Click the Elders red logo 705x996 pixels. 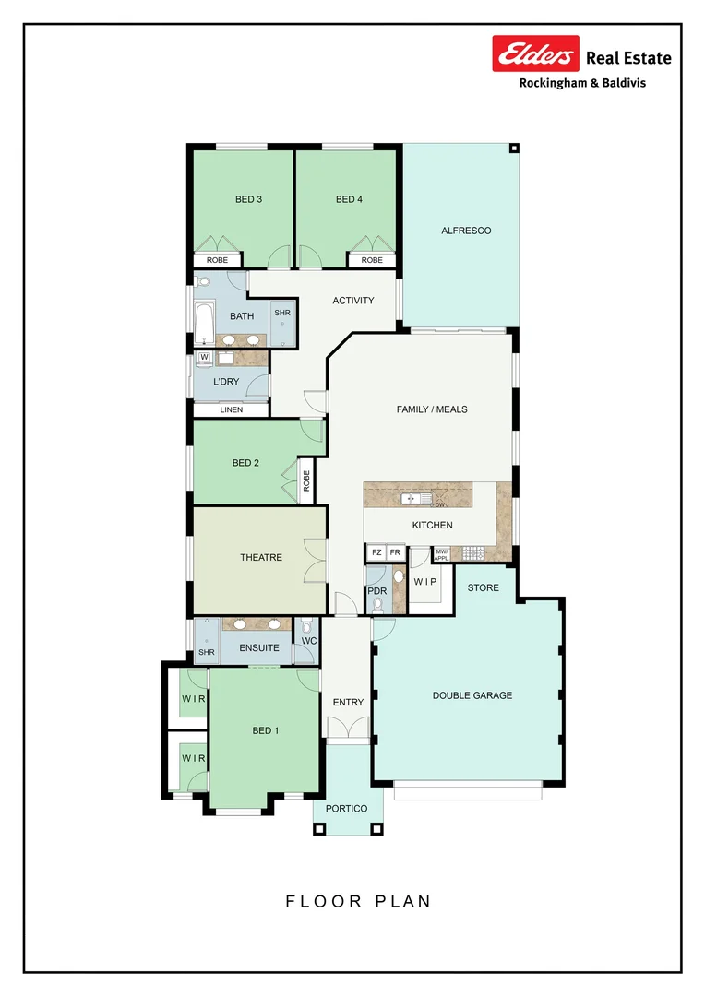[x=535, y=55]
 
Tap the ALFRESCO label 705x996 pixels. [x=466, y=231]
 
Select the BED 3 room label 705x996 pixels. [x=248, y=199]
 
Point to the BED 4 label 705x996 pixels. [x=349, y=199]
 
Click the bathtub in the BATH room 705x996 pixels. [x=204, y=324]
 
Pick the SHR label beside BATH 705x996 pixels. [x=281, y=314]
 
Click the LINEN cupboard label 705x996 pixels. [x=232, y=409]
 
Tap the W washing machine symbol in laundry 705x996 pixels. [x=204, y=357]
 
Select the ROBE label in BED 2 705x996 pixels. [x=306, y=480]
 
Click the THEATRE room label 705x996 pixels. [x=261, y=558]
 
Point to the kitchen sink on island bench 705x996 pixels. [x=412, y=499]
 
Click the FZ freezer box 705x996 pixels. [x=376, y=552]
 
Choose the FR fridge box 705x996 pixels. [x=395, y=552]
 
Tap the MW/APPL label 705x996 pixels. [x=441, y=555]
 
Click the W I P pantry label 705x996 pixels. [x=425, y=582]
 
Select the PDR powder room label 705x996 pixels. [x=376, y=590]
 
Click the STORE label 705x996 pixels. [x=483, y=587]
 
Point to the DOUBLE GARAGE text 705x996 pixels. [x=472, y=695]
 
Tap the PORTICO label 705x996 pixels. [x=346, y=809]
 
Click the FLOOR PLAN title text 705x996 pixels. [x=358, y=901]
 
